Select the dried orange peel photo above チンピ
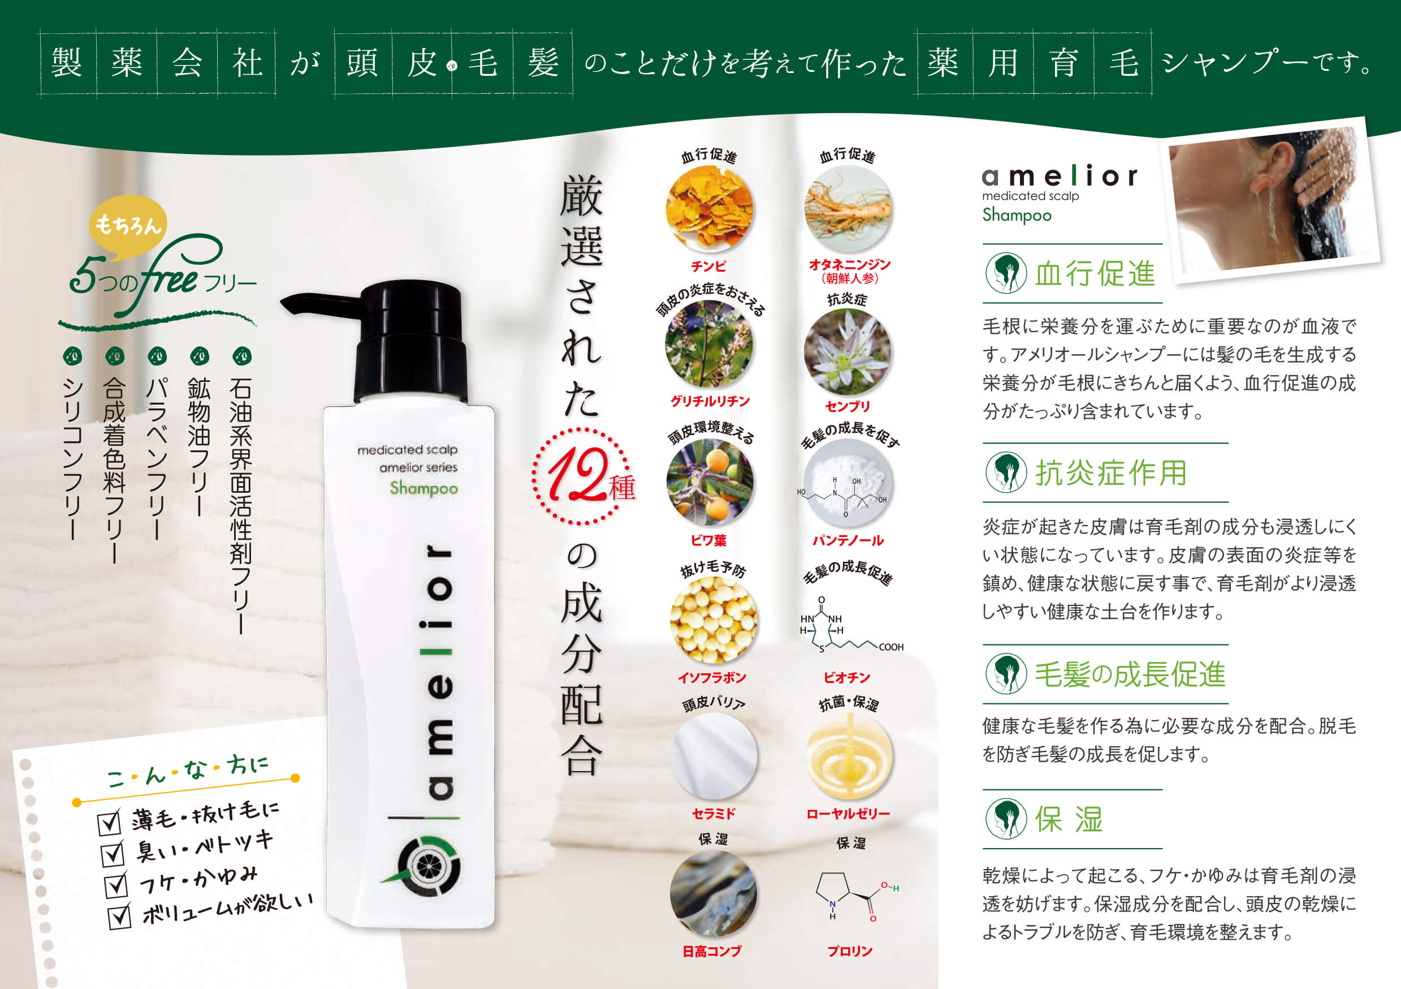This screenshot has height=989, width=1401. tap(709, 208)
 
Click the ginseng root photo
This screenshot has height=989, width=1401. tap(848, 208)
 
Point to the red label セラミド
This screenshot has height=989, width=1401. tap(714, 813)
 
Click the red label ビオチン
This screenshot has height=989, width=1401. tap(847, 677)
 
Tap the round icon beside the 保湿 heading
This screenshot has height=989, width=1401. tap(1006, 819)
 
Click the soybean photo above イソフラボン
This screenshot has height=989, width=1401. tap(714, 620)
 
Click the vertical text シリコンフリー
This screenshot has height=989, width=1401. tap(72, 458)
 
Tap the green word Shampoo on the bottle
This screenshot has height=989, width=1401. tap(423, 488)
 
